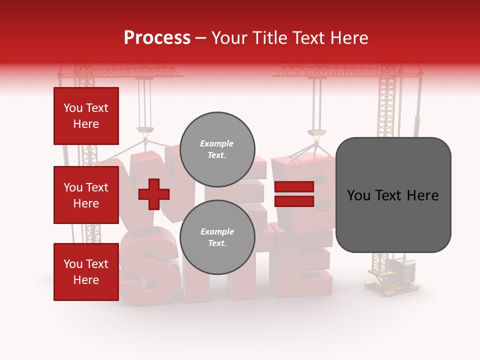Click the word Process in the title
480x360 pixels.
(x=157, y=38)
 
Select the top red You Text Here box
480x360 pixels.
(x=86, y=116)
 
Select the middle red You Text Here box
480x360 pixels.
(x=86, y=195)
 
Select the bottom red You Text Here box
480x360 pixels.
(x=86, y=272)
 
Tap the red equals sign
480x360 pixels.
(x=294, y=194)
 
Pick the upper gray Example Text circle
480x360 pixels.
(x=217, y=149)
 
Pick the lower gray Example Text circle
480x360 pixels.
(x=217, y=237)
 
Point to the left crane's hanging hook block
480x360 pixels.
(x=145, y=131)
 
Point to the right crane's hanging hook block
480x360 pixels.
(x=317, y=132)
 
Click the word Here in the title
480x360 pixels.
(x=349, y=38)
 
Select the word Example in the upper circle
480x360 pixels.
(x=216, y=143)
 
